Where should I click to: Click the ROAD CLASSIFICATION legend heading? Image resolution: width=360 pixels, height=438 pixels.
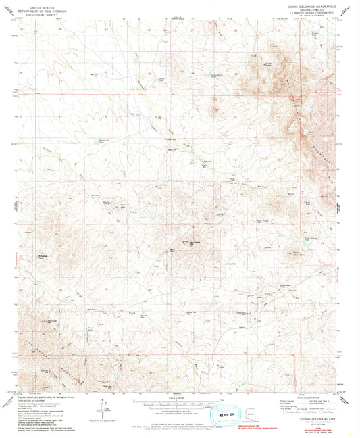tap(305, 397)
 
